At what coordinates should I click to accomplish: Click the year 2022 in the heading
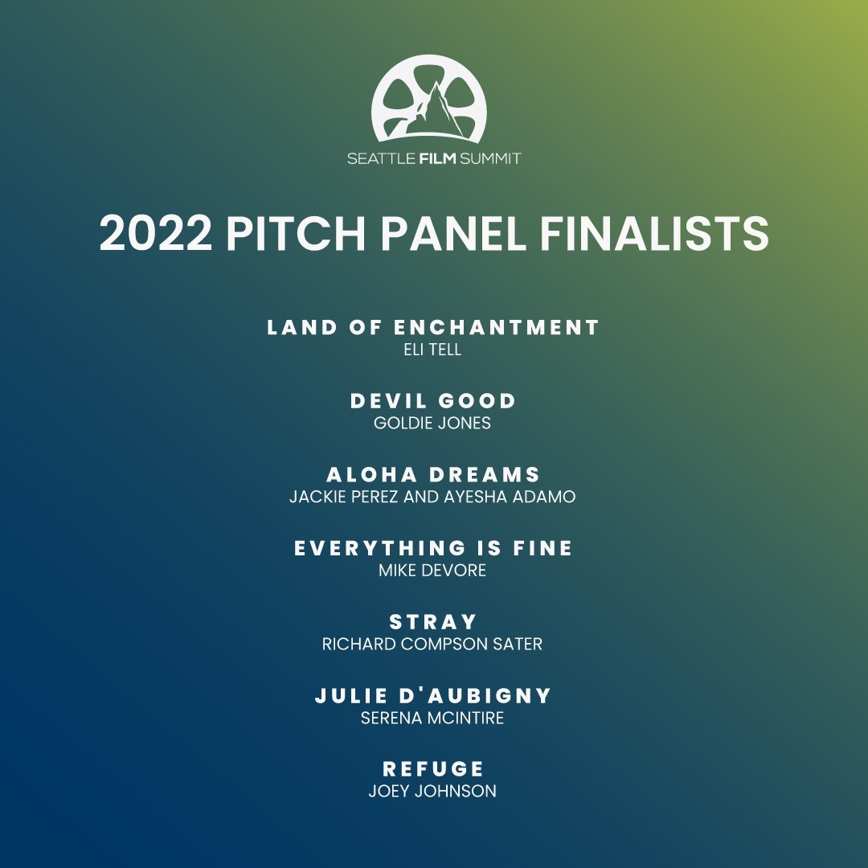pyautogui.click(x=156, y=234)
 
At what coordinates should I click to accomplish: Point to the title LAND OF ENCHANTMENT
pyautogui.click(x=433, y=328)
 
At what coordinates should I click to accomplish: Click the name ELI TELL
pyautogui.click(x=433, y=350)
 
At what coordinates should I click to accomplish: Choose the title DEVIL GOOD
pyautogui.click(x=433, y=401)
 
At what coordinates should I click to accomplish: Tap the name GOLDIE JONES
pyautogui.click(x=432, y=423)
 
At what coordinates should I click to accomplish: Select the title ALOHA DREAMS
pyautogui.click(x=433, y=474)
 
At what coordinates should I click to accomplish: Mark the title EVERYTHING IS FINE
pyautogui.click(x=433, y=548)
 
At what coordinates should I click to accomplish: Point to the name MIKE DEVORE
pyautogui.click(x=432, y=571)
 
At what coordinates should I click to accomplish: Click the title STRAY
pyautogui.click(x=433, y=622)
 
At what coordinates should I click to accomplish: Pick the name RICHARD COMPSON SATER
pyautogui.click(x=432, y=644)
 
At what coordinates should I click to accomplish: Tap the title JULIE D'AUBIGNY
pyautogui.click(x=433, y=696)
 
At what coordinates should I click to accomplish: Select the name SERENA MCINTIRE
pyautogui.click(x=432, y=718)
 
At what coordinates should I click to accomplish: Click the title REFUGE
pyautogui.click(x=433, y=769)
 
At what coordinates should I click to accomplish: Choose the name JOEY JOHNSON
pyautogui.click(x=432, y=791)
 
